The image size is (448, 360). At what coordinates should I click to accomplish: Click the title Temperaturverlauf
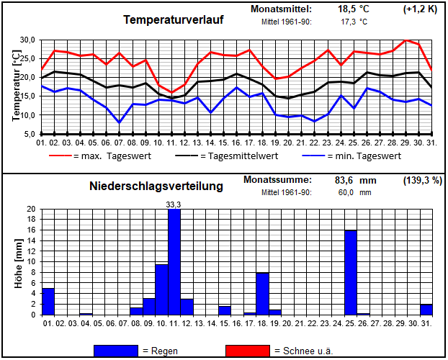(174, 20)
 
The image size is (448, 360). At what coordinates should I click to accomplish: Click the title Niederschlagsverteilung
(156, 186)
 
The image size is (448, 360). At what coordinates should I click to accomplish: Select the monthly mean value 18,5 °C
(354, 9)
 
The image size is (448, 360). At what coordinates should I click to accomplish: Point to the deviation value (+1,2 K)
(420, 9)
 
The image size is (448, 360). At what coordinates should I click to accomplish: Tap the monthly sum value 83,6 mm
(353, 180)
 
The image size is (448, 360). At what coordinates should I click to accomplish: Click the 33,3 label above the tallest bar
(174, 204)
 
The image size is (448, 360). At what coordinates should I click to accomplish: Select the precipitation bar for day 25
(351, 272)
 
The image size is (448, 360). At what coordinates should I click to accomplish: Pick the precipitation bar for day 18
(263, 294)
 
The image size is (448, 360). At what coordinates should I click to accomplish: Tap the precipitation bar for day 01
(48, 301)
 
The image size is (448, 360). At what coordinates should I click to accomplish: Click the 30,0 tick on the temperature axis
(27, 40)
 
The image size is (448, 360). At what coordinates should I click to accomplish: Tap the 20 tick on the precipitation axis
(31, 210)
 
